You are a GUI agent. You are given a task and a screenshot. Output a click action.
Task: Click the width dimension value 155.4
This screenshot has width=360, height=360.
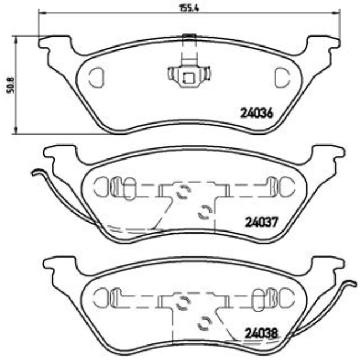coord(187,8)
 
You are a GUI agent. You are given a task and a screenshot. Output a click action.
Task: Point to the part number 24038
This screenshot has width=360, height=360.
coord(260,334)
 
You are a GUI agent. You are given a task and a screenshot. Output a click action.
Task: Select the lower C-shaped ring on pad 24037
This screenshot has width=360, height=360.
coord(205,210)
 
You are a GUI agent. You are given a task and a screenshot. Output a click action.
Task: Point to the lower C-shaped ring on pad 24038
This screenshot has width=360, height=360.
coord(205,322)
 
